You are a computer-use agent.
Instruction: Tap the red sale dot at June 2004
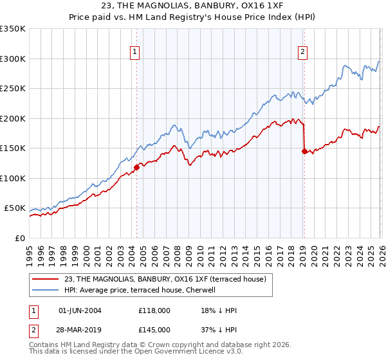pyautogui.click(x=136, y=168)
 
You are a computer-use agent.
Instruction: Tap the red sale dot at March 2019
pyautogui.click(x=304, y=152)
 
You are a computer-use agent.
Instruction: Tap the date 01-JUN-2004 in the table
pyautogui.click(x=80, y=310)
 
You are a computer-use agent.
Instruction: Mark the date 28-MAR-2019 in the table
pyautogui.click(x=80, y=330)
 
